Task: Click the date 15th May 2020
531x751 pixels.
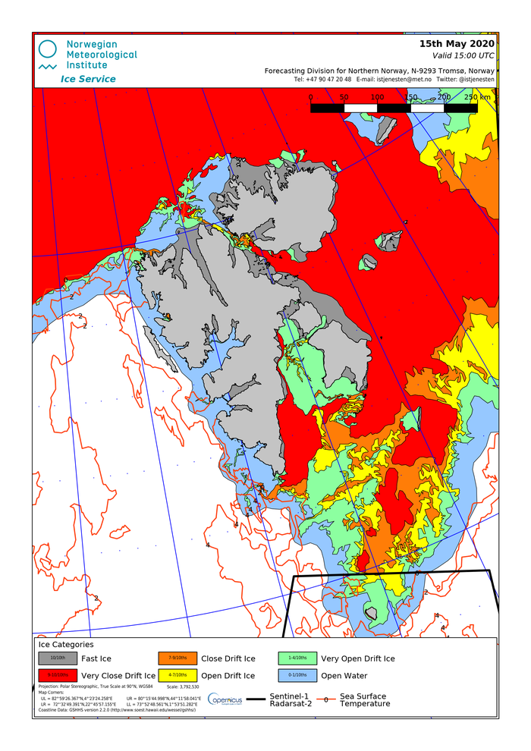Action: coord(457,44)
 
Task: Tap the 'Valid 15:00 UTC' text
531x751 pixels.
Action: coord(463,55)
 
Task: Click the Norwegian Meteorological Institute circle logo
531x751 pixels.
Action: coord(48,50)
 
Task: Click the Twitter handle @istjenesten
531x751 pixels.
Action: coord(466,79)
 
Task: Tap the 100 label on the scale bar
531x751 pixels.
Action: coord(377,97)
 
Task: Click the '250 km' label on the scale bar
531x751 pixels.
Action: coord(477,97)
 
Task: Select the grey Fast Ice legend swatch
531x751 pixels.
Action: coord(58,658)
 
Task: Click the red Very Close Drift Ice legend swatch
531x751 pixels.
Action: coord(58,675)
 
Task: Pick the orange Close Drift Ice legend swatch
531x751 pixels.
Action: coord(178,658)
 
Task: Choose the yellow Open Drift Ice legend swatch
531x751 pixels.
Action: coord(178,675)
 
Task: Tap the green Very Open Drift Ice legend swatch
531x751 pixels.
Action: coord(297,658)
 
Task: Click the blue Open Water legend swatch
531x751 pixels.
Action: coord(297,675)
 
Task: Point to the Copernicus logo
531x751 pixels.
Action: coord(225,699)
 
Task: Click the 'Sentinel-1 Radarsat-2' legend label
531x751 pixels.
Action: coord(290,699)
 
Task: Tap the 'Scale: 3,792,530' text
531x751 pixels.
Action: coord(183,687)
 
